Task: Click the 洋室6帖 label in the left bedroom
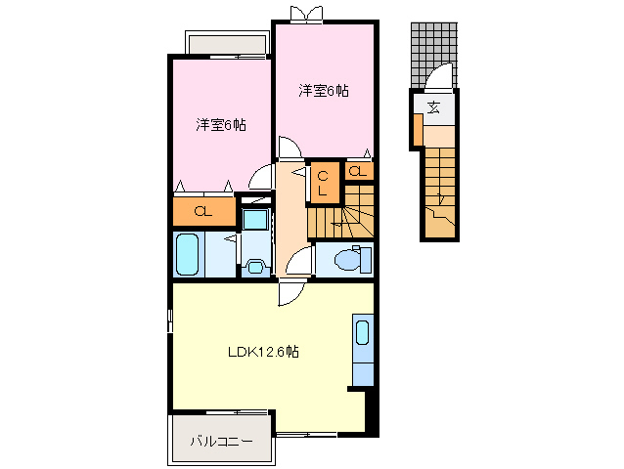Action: pyautogui.click(x=220, y=125)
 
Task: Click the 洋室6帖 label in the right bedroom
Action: pyautogui.click(x=324, y=91)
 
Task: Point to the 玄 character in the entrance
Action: pyautogui.click(x=433, y=107)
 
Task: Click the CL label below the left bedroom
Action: pyautogui.click(x=204, y=212)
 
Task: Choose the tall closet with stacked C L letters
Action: pyautogui.click(x=322, y=183)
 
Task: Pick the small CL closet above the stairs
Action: pyautogui.click(x=359, y=172)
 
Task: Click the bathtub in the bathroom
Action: pyautogui.click(x=187, y=255)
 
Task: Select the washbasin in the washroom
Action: pyautogui.click(x=256, y=265)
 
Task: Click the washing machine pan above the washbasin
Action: pyautogui.click(x=256, y=220)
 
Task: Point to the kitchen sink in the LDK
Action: pyautogui.click(x=362, y=333)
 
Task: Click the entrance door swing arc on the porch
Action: pyautogui.click(x=440, y=76)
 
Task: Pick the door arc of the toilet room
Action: pyautogui.click(x=303, y=261)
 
